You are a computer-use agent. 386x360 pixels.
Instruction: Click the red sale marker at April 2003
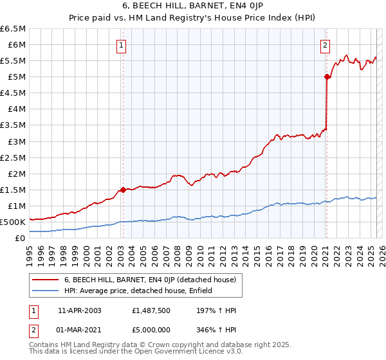click(123, 190)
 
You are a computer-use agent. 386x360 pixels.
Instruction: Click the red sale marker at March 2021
click(327, 76)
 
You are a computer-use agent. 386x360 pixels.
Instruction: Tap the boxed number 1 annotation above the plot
click(122, 45)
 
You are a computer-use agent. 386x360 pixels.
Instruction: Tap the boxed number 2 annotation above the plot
click(326, 45)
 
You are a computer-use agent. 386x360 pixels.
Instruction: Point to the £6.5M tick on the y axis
click(13, 29)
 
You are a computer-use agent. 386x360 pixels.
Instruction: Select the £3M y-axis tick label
click(16, 141)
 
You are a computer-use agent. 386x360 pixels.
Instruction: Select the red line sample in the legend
click(45, 280)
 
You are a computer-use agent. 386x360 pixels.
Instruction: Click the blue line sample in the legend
click(45, 291)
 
